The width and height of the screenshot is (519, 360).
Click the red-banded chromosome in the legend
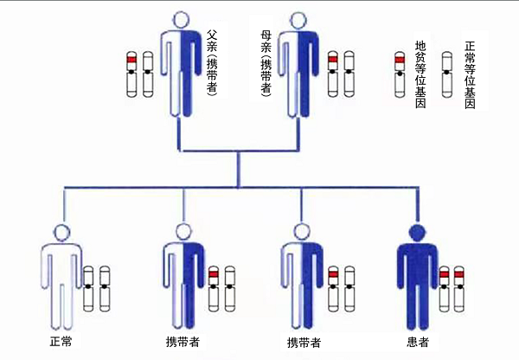pos(399,74)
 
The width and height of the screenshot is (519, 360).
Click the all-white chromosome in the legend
pos(447,74)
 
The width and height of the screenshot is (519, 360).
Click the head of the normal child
pos(61,231)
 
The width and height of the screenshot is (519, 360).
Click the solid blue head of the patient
pos(417,231)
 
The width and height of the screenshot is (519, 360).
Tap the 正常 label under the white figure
pos(61,341)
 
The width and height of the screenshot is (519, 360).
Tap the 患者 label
pos(418,341)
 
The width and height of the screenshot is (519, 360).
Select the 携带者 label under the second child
pos(182,341)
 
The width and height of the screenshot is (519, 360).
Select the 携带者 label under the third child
pos(303,341)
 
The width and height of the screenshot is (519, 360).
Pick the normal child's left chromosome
pos(88,290)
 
